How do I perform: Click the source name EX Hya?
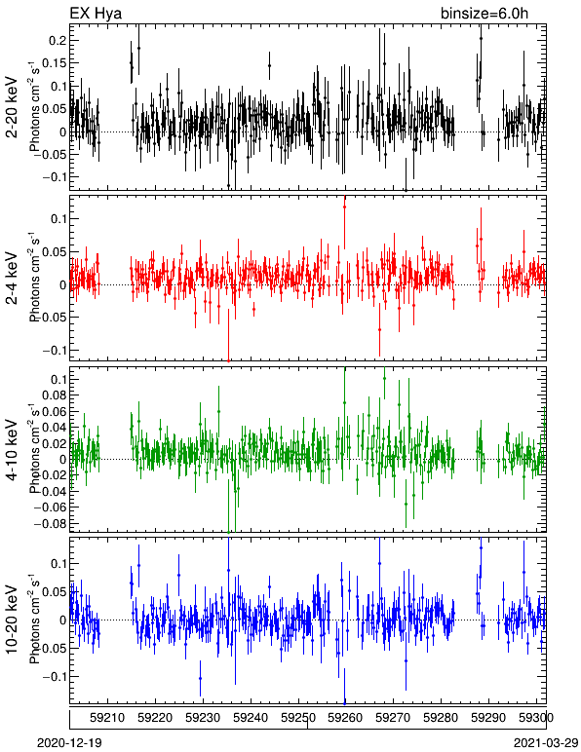pyautogui.click(x=96, y=13)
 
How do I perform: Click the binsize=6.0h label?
pyautogui.click(x=484, y=13)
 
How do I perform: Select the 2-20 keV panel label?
pyautogui.click(x=13, y=107)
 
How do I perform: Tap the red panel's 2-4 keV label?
pyautogui.click(x=13, y=279)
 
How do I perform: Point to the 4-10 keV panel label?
pyautogui.click(x=13, y=450)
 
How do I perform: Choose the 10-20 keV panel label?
pyautogui.click(x=13, y=620)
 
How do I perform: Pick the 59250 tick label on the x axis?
pyautogui.click(x=298, y=718)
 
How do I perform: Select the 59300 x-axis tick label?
pyautogui.click(x=536, y=718)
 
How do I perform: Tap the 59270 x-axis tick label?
pyautogui.click(x=394, y=718)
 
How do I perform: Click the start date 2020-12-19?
pyautogui.click(x=69, y=743)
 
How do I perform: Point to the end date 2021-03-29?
pyautogui.click(x=546, y=743)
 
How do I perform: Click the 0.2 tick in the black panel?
pyautogui.click(x=58, y=41)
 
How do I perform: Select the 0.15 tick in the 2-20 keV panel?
pyautogui.click(x=54, y=63)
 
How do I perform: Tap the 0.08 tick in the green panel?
pyautogui.click(x=54, y=395)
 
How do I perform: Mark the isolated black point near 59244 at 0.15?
pyautogui.click(x=269, y=65)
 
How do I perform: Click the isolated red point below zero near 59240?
pyautogui.click(x=253, y=310)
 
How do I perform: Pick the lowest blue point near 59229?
pyautogui.click(x=200, y=678)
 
